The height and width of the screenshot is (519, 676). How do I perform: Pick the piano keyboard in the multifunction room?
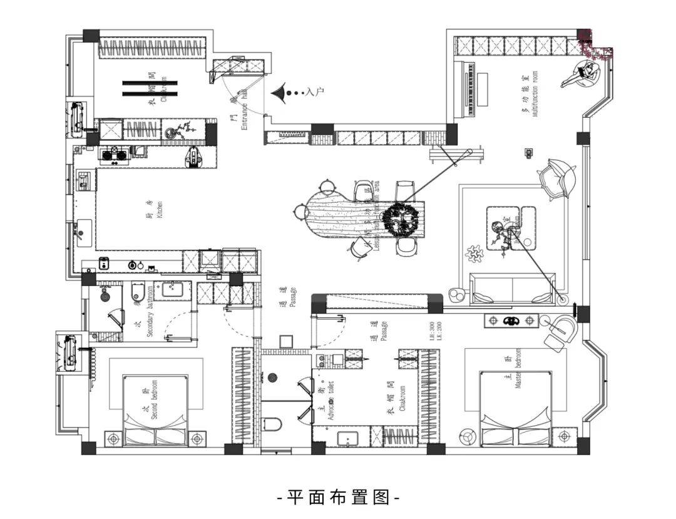pos(472,88)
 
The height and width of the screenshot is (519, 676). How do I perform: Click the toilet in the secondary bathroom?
pos(138,292)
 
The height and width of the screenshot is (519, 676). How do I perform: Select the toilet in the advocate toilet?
pos(272,424)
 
